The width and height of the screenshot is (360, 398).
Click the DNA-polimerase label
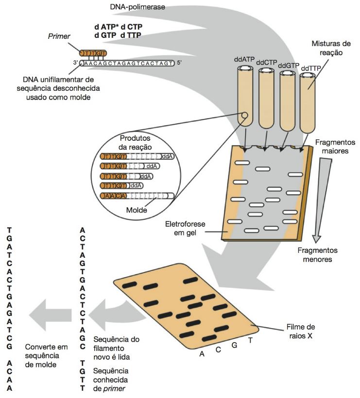click(137, 7)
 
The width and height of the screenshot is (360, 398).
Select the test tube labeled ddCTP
click(266, 98)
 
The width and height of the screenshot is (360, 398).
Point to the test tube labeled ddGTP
click(287, 101)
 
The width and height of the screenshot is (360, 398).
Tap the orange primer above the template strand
click(93, 53)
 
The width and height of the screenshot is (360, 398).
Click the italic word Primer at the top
click(59, 36)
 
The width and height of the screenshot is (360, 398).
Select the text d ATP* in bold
click(106, 27)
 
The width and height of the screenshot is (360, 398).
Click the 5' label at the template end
click(179, 63)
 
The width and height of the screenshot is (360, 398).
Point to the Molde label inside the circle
click(137, 210)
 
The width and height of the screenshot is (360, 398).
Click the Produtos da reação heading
click(135, 143)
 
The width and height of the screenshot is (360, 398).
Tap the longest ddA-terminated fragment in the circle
click(137, 156)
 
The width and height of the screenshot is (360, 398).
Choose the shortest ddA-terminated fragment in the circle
click(121, 186)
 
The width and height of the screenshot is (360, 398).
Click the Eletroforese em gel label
click(185, 229)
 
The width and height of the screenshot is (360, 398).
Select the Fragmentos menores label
click(318, 255)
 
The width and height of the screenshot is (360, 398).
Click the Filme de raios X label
click(301, 331)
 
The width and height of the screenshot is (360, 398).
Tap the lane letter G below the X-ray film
click(235, 345)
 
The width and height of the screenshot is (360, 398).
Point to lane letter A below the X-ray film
click(202, 353)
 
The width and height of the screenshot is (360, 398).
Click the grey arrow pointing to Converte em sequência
click(51, 315)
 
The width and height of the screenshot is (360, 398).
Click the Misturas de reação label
click(331, 48)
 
